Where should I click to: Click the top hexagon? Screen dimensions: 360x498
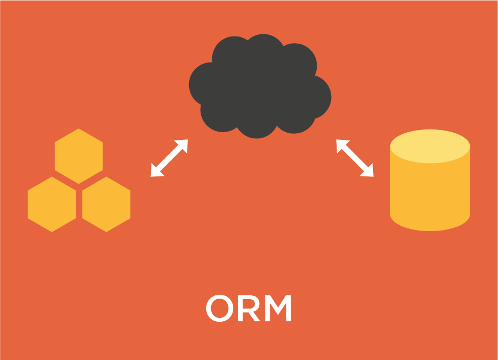tap(78, 156)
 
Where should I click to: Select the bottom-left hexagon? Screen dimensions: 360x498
tap(52, 204)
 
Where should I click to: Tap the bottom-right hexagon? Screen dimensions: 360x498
tap(106, 204)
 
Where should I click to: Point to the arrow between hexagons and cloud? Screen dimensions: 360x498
tap(169, 158)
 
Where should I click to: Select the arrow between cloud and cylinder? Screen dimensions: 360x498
tap(355, 158)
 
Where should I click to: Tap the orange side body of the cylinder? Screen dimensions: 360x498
tap(430, 191)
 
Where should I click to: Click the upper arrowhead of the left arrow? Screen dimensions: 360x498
tap(183, 144)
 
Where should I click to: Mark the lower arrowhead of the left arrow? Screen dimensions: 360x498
tap(156, 172)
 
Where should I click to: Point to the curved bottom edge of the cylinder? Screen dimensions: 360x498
tap(430, 229)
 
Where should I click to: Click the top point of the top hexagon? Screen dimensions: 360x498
tap(78, 130)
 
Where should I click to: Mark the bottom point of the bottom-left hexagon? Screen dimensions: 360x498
tap(52, 231)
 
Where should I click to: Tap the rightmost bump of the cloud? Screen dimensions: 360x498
tap(319, 97)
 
